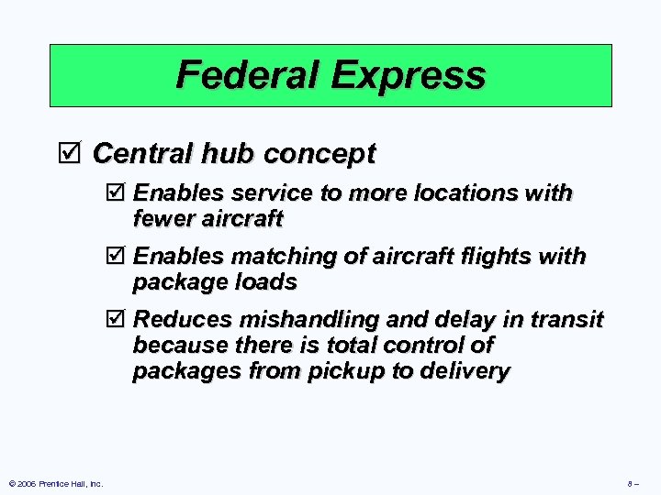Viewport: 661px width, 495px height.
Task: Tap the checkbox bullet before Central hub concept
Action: (x=77, y=154)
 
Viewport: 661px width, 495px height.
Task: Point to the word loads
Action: (x=266, y=282)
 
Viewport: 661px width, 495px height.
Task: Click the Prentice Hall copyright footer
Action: (x=55, y=483)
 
